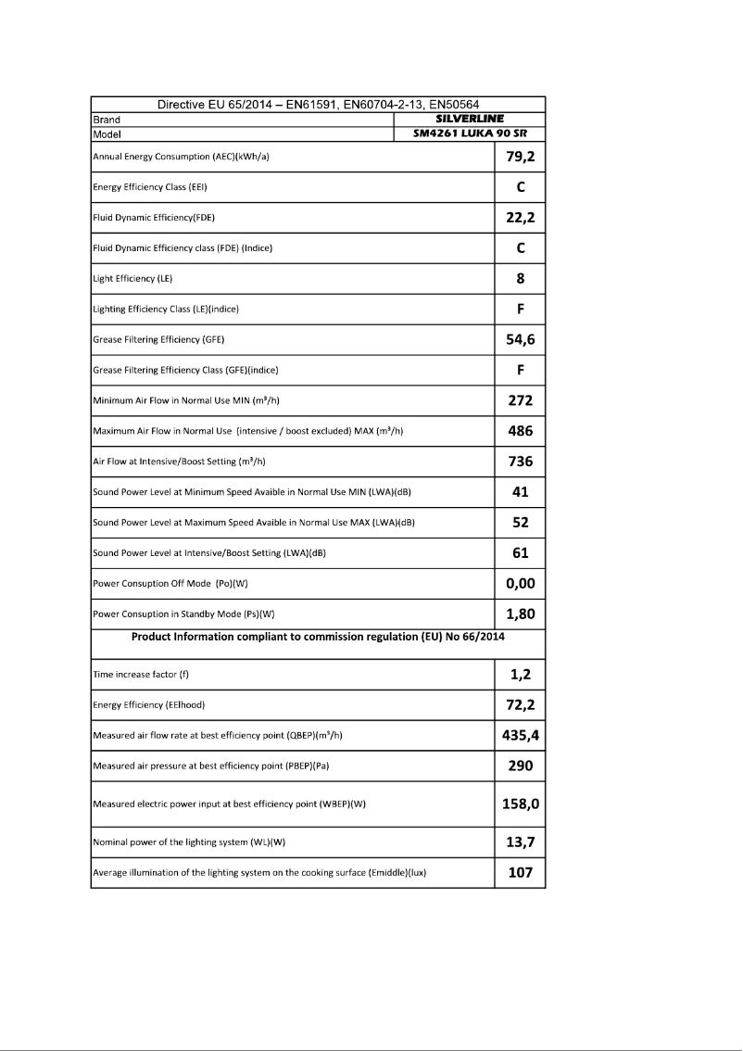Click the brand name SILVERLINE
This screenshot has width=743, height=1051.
(x=469, y=120)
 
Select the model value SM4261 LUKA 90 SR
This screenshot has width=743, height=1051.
(x=469, y=133)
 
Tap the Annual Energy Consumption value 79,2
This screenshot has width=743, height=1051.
(x=520, y=157)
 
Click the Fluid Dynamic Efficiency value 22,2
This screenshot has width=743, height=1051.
(x=520, y=218)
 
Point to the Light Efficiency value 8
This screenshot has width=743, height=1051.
(x=520, y=278)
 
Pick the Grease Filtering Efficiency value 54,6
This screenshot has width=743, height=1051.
(x=520, y=339)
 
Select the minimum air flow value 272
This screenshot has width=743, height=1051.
(x=520, y=401)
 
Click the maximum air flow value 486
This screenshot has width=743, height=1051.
(x=520, y=431)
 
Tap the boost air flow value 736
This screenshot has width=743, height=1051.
(x=520, y=462)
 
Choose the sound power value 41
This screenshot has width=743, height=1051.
(x=520, y=492)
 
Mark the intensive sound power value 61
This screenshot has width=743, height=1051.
(x=520, y=553)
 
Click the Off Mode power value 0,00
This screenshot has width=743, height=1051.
(x=520, y=584)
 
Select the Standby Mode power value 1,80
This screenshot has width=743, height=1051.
(x=520, y=614)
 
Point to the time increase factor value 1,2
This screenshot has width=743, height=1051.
(x=520, y=675)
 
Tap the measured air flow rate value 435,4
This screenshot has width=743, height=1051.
(x=520, y=736)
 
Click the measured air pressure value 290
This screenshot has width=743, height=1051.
(x=520, y=766)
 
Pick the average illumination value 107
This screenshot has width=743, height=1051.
(x=520, y=872)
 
